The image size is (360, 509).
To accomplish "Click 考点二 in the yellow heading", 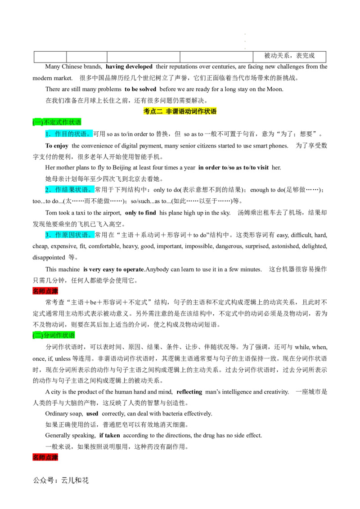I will (x=153, y=112).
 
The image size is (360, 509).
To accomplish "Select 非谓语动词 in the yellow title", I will (x=182, y=112).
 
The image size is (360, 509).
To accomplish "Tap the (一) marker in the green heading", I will (x=38, y=122).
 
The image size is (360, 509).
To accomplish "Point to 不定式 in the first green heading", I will (x=52, y=122).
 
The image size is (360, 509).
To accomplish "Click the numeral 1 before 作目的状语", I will (x=47, y=134).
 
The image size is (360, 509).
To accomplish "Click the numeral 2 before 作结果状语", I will (x=47, y=190).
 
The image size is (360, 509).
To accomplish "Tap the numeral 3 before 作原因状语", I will (x=47, y=235).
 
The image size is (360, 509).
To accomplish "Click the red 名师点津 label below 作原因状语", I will (x=45, y=291).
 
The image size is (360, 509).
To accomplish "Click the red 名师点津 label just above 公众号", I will (x=45, y=457).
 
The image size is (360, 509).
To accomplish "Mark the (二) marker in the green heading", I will (x=38, y=335).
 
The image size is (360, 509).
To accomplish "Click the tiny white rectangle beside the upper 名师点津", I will (x=130, y=297).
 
